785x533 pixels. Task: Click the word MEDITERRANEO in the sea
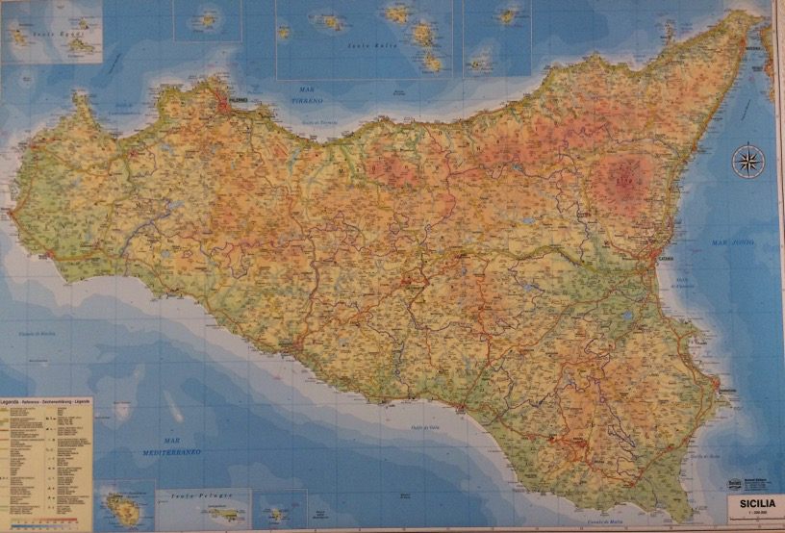(x=174, y=451)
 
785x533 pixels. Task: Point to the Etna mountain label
(x=624, y=178)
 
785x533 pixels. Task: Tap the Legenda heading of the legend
(x=21, y=400)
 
